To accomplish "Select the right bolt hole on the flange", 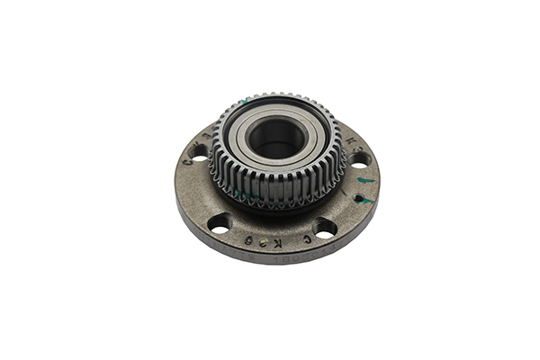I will [359, 159].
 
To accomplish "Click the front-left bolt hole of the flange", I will [219, 221].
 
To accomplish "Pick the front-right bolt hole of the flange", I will [325, 227].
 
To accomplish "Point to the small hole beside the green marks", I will [359, 197].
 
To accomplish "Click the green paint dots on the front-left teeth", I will [247, 193].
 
